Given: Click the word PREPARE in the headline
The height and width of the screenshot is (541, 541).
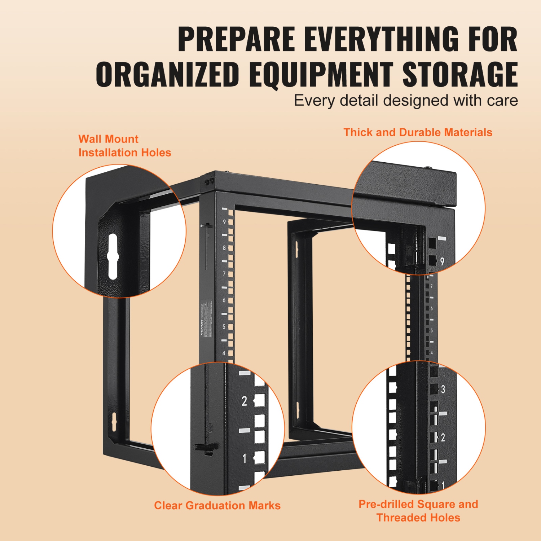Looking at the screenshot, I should [x=236, y=39].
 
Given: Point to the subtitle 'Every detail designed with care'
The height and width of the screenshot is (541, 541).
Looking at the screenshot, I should [x=406, y=101].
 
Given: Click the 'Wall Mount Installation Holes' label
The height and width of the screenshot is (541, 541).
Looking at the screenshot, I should [x=124, y=146].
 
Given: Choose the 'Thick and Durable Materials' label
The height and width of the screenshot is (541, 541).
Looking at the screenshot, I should [x=418, y=132].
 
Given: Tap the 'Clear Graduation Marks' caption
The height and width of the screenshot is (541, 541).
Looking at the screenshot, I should [x=217, y=505].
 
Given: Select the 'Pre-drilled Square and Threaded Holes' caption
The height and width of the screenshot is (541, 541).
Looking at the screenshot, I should [x=418, y=511].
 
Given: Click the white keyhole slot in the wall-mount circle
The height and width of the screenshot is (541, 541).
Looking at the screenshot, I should [x=113, y=256].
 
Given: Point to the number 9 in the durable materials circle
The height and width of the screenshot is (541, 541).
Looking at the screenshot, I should [x=442, y=261].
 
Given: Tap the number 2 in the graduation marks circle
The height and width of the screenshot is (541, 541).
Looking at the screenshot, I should [x=244, y=401].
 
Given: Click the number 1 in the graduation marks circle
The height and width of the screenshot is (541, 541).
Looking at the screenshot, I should [x=245, y=459].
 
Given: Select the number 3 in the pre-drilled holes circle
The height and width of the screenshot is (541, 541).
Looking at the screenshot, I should [x=443, y=390].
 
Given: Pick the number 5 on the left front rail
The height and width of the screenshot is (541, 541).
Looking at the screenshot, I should [x=224, y=327].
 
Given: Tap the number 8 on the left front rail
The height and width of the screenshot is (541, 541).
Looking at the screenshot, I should [x=224, y=248].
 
